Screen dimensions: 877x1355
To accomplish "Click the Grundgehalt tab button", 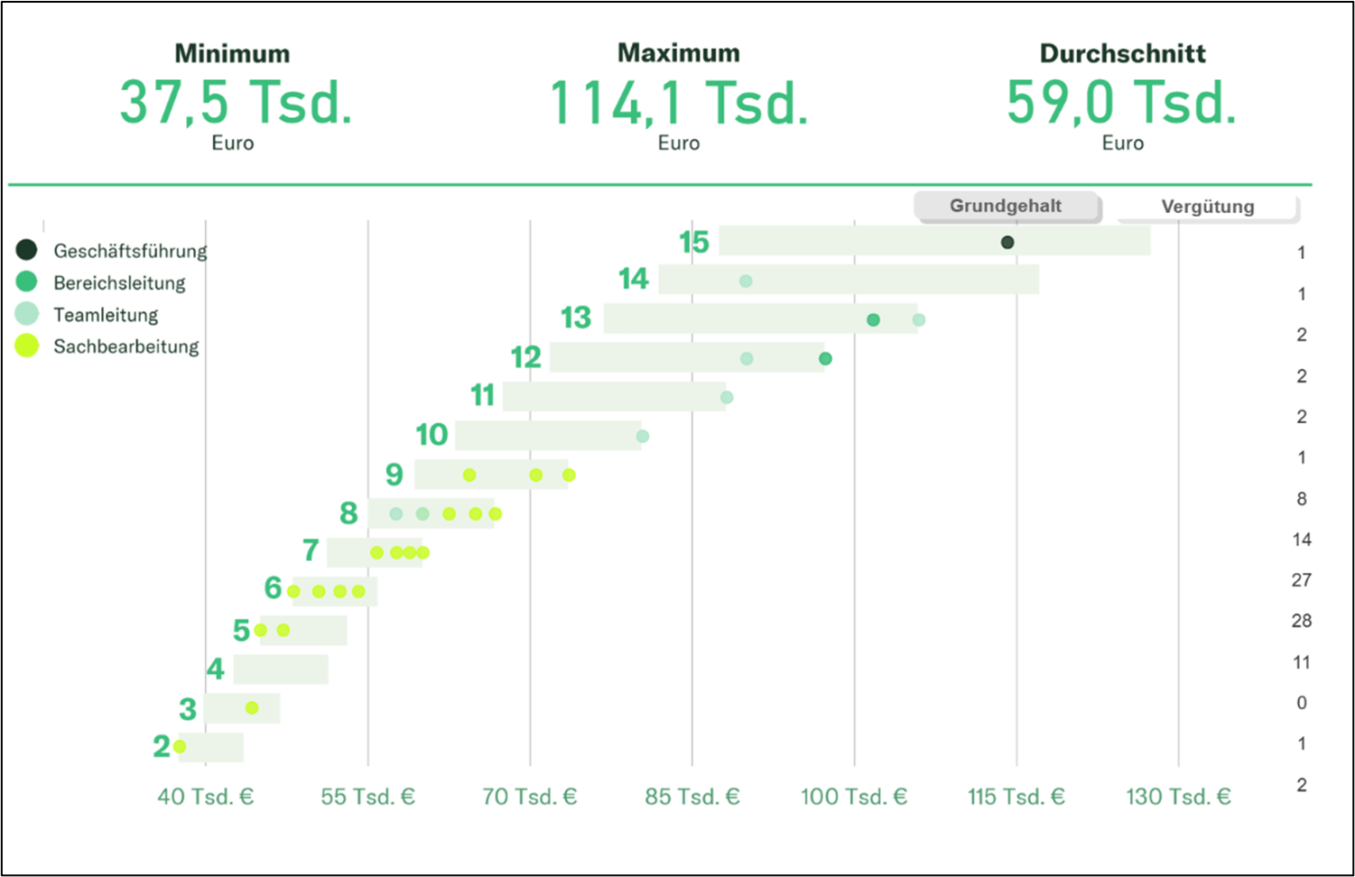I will tap(1006, 206).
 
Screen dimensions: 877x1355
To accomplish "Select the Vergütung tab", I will tap(1207, 207).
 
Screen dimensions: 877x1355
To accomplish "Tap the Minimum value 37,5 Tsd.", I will tap(235, 102).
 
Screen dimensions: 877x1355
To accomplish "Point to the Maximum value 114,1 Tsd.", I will tap(678, 102).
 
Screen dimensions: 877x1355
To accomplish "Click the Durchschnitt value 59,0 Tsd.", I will tap(1121, 102).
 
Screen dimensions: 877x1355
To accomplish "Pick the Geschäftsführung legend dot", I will tap(27, 250).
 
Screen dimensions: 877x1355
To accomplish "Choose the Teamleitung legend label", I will tap(106, 315).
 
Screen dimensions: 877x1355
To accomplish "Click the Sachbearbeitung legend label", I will tap(125, 346).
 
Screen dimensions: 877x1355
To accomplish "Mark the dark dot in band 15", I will tap(1007, 242).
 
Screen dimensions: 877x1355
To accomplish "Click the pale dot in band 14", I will tap(746, 282).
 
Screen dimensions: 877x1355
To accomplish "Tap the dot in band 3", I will tap(252, 707).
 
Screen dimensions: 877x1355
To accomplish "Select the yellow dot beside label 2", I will tap(180, 746).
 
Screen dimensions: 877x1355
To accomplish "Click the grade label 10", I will tap(432, 435).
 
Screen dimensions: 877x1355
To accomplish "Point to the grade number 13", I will tap(576, 318).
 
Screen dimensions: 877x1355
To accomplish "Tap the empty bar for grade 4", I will tap(281, 669).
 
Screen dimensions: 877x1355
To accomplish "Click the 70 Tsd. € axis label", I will tap(529, 797).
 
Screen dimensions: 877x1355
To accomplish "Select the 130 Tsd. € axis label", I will tap(1178, 797).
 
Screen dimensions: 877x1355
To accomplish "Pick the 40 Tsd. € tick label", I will tap(206, 797).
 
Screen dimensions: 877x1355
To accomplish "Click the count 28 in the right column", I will tap(1301, 621).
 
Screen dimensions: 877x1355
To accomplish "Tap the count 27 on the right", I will tap(1301, 580).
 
